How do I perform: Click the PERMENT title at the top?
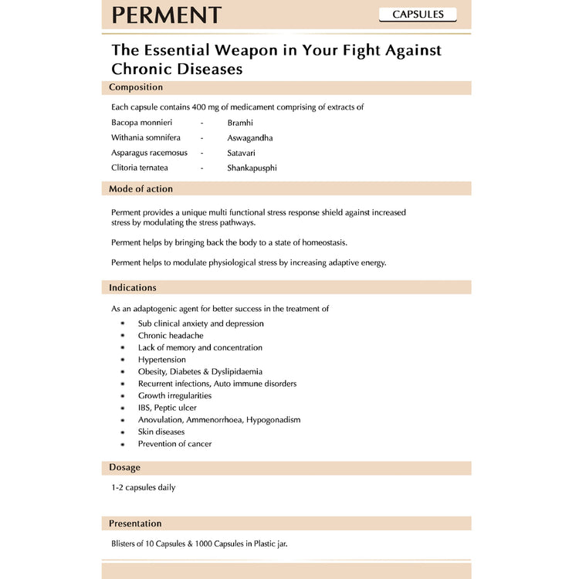[167, 15]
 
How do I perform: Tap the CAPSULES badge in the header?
[418, 15]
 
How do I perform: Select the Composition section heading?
[136, 87]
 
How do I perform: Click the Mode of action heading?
[141, 188]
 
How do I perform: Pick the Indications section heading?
[133, 287]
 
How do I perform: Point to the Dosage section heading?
[124, 467]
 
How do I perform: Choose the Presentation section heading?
[135, 523]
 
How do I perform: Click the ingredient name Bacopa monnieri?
[141, 123]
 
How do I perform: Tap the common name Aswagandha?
[249, 138]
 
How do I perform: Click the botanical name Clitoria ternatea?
[140, 168]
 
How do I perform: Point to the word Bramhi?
[239, 123]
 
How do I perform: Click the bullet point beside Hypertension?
[122, 360]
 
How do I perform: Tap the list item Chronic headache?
[171, 336]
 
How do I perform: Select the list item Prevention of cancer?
[174, 444]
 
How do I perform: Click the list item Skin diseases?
[161, 432]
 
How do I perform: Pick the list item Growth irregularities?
[174, 395]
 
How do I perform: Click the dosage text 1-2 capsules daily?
[143, 488]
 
